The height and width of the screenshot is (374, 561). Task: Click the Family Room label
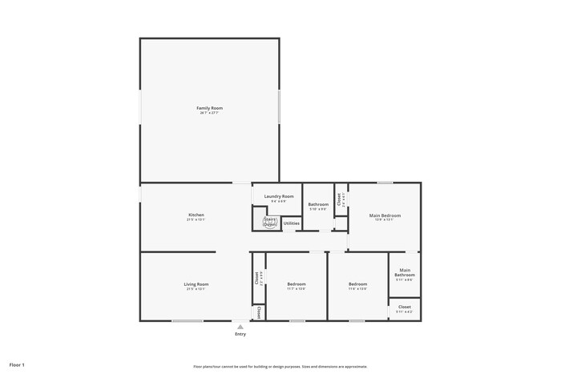pyautogui.click(x=209, y=108)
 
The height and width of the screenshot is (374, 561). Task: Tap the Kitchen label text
pyautogui.click(x=196, y=215)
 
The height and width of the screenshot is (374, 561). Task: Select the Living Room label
pyautogui.click(x=196, y=284)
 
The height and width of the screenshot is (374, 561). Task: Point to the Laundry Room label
pyautogui.click(x=279, y=196)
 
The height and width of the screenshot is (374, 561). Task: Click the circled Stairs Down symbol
pyautogui.click(x=269, y=222)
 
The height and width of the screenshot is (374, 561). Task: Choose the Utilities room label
pyautogui.click(x=292, y=223)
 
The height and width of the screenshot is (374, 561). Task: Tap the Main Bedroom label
pyautogui.click(x=385, y=215)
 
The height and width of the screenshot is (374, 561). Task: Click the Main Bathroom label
pyautogui.click(x=405, y=272)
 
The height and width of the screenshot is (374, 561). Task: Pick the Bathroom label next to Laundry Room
pyautogui.click(x=318, y=205)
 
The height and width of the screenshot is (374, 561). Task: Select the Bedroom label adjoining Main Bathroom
pyautogui.click(x=357, y=284)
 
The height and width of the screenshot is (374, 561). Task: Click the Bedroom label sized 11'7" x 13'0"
pyautogui.click(x=297, y=284)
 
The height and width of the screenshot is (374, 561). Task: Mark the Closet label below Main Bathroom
pyautogui.click(x=405, y=307)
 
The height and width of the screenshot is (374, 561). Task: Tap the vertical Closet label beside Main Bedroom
pyautogui.click(x=340, y=200)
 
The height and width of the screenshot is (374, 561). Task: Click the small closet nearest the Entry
pyautogui.click(x=259, y=312)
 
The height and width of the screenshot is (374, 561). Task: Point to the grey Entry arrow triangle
pyautogui.click(x=240, y=326)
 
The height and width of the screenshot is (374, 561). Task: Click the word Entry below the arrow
pyautogui.click(x=240, y=334)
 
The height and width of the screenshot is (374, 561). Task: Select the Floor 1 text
pyautogui.click(x=17, y=364)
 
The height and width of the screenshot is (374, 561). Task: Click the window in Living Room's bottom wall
pyautogui.click(x=187, y=321)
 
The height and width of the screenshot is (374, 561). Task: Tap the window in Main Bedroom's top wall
pyautogui.click(x=385, y=183)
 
